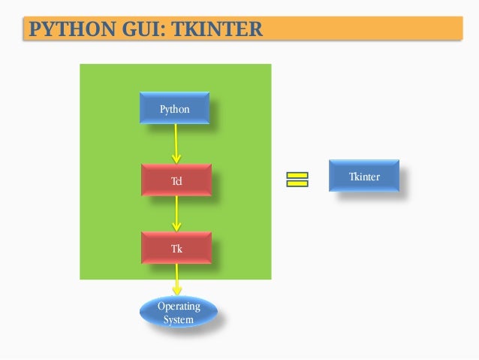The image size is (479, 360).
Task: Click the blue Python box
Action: coord(174,108)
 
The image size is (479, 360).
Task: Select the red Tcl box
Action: coord(176,180)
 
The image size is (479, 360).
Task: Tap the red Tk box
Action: coord(176,247)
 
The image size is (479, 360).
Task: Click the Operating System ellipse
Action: coord(179,313)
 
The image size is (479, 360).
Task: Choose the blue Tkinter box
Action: coord(364,176)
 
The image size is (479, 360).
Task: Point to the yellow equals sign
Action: coord(297,179)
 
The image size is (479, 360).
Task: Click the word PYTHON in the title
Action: coord(65,30)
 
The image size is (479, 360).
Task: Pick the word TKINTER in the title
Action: coord(217,30)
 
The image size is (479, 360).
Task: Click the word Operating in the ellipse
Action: coord(179,307)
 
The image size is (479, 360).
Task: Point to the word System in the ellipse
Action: coord(179,319)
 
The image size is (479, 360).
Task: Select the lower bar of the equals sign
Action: coord(297,183)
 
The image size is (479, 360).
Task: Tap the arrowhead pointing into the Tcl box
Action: coord(176,158)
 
